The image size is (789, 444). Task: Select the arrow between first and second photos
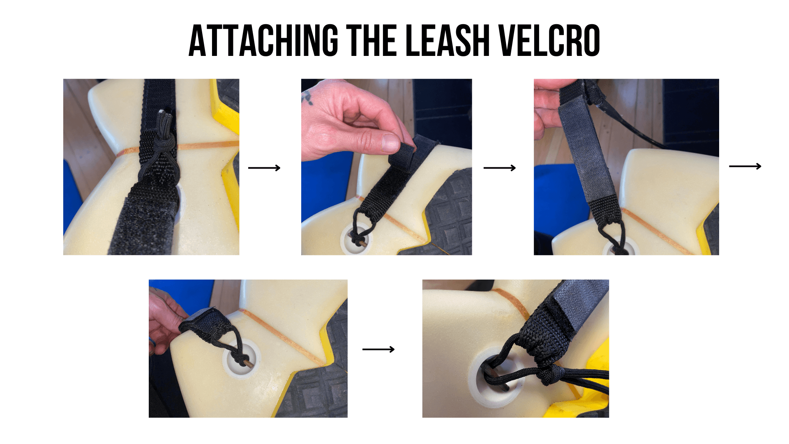tap(264, 168)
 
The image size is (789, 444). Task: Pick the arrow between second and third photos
tap(499, 168)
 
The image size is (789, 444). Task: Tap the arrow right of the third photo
tap(745, 166)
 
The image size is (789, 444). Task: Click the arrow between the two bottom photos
tap(378, 349)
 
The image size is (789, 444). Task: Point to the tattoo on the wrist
tap(307, 98)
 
